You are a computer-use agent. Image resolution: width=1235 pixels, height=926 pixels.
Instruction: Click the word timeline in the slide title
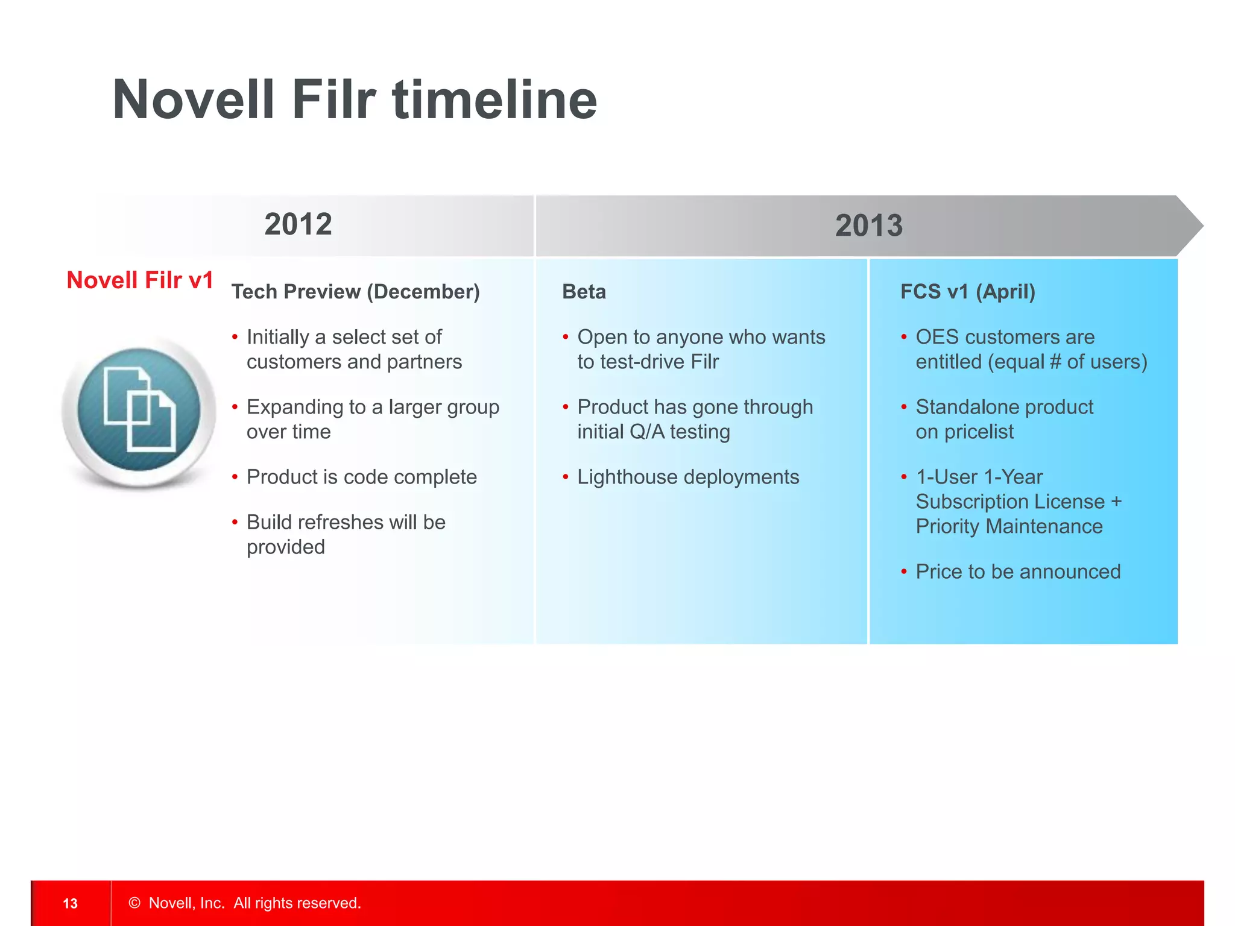click(494, 100)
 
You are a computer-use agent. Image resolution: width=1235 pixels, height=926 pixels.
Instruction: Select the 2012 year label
click(298, 224)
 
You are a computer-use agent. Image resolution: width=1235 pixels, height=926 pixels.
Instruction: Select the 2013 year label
click(868, 226)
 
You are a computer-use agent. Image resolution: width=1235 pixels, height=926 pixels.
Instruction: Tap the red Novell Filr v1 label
click(140, 280)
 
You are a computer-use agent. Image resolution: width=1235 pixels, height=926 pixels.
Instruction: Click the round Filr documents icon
click(139, 410)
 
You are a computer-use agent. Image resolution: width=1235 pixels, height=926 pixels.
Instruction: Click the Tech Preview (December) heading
click(355, 292)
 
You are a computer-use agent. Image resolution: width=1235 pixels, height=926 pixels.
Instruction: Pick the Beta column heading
click(583, 292)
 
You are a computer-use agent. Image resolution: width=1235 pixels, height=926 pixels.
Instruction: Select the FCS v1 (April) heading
click(967, 292)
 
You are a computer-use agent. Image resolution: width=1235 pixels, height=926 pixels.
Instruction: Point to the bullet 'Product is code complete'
click(361, 477)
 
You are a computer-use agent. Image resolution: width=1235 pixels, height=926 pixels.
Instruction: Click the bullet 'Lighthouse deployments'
click(687, 477)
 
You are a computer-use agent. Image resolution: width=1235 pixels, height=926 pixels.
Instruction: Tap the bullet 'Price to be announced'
click(1017, 572)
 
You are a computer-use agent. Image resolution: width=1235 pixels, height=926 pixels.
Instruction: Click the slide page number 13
click(71, 903)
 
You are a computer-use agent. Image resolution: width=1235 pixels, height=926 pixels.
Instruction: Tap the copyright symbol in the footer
click(134, 902)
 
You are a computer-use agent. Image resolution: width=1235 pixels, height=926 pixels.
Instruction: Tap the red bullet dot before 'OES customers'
click(903, 337)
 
